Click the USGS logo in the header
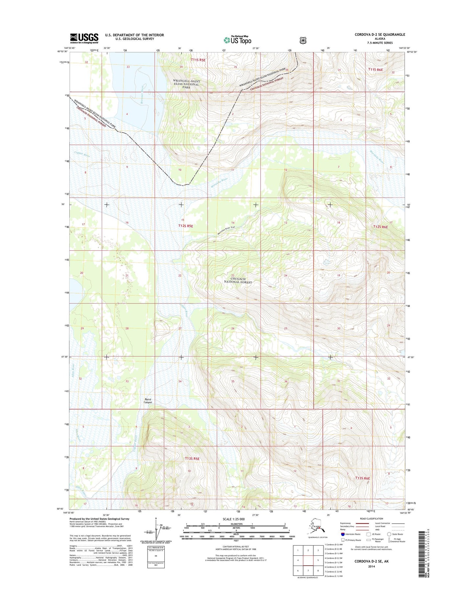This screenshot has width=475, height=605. click(x=84, y=38)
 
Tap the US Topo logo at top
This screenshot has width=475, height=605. click(x=237, y=40)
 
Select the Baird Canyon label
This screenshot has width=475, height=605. click(x=148, y=401)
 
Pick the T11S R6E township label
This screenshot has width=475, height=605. click(x=375, y=70)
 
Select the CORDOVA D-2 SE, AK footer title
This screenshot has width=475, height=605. click(x=371, y=561)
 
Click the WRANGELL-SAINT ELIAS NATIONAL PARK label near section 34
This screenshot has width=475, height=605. click(x=186, y=84)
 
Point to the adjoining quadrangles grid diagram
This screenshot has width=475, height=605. click(x=308, y=560)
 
